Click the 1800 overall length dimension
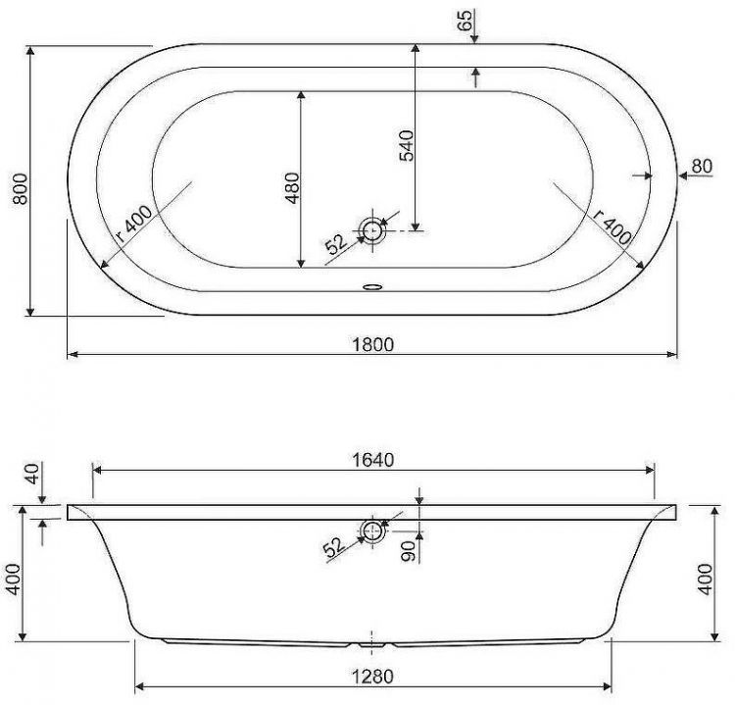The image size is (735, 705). pos(371,344)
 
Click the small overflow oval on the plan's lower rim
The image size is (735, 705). pos(372,288)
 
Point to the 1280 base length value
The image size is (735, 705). pos(371,676)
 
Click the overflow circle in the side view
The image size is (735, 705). pos(372,531)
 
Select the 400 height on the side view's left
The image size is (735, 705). pos(13,586)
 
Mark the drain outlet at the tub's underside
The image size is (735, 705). pos(370,645)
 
